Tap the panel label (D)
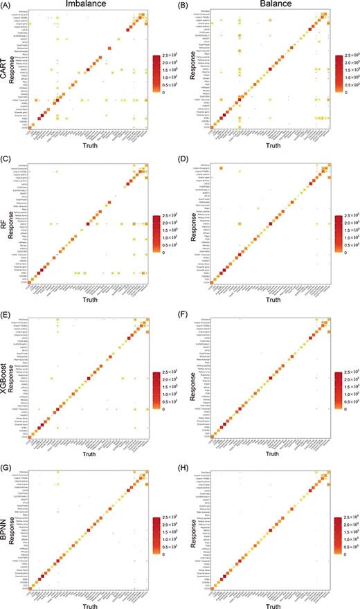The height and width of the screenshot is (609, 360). (x=190, y=165)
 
